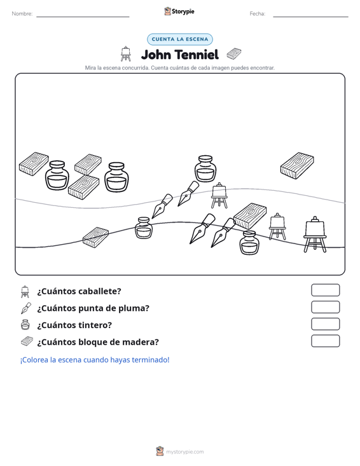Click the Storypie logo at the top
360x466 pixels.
coord(179,11)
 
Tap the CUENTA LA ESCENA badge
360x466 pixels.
coord(180,39)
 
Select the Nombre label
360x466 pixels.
coord(22,14)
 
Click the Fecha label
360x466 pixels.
coord(258,14)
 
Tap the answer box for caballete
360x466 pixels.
coord(325,290)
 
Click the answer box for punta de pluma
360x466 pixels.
coord(325,307)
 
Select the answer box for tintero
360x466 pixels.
coord(325,324)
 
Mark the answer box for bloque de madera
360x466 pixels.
coord(325,341)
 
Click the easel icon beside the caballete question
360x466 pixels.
coord(25,291)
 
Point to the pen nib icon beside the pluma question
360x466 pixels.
coord(26,308)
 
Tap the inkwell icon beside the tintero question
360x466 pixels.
coord(25,325)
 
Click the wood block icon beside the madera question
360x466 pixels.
coord(27,341)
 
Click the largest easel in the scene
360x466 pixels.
coord(315,235)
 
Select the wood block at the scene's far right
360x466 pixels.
coord(297,165)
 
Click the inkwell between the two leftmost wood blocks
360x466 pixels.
coord(57,175)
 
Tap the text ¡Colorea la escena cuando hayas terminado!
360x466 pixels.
coord(95,360)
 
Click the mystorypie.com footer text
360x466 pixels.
coord(185,452)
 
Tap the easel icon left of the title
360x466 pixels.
coord(126,54)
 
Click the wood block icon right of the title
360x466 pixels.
coord(234,53)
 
